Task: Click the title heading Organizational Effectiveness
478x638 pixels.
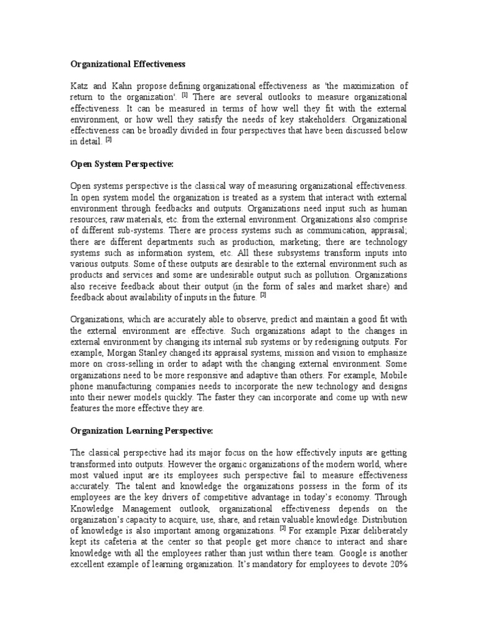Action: [128, 64]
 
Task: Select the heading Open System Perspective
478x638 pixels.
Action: [121, 164]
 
